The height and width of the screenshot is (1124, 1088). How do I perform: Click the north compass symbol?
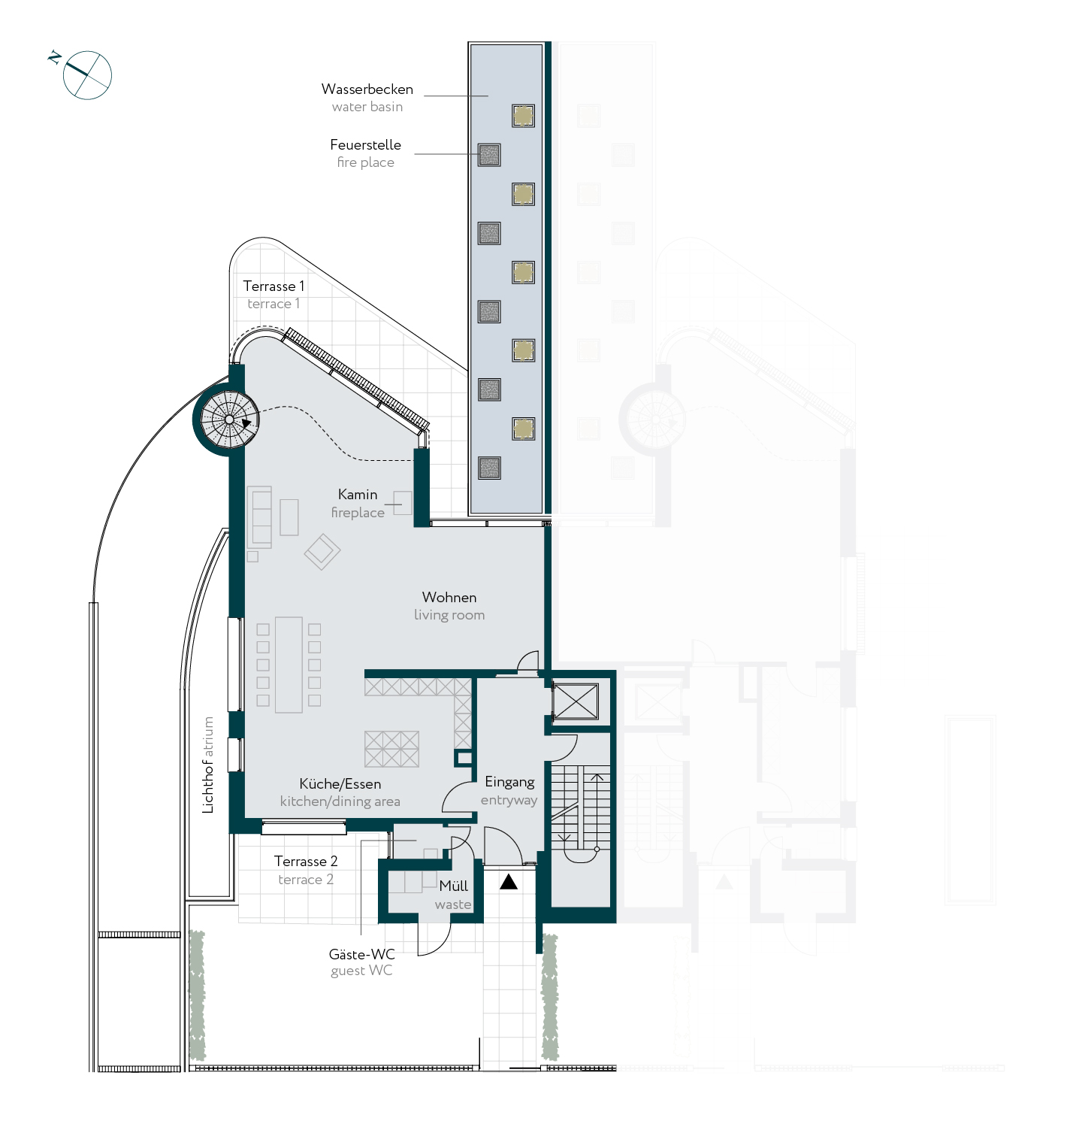click(84, 74)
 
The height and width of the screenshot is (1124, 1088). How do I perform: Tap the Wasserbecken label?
click(367, 89)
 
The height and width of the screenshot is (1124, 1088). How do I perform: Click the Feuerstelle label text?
click(365, 144)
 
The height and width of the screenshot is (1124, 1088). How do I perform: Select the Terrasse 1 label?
click(274, 286)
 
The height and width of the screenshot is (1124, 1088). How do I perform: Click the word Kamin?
click(358, 494)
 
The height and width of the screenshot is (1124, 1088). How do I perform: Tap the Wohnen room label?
click(449, 597)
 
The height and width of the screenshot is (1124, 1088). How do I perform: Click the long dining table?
click(289, 665)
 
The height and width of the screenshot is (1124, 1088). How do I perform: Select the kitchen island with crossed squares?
click(391, 749)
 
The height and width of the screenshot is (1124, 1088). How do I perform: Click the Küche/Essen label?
click(340, 783)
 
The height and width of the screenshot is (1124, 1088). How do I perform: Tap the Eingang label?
click(509, 782)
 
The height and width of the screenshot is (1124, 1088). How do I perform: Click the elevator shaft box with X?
click(576, 701)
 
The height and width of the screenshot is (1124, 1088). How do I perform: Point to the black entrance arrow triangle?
click(509, 881)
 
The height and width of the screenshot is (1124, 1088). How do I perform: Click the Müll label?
click(454, 886)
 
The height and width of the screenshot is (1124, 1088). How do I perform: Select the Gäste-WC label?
click(361, 954)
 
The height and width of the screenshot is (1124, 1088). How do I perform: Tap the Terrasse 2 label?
click(306, 861)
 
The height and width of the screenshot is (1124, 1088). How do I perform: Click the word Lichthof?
click(208, 786)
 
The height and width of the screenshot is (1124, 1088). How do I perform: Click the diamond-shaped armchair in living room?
click(322, 552)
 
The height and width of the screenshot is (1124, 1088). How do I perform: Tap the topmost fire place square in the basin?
click(489, 155)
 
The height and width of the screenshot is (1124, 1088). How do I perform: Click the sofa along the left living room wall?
click(259, 517)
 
